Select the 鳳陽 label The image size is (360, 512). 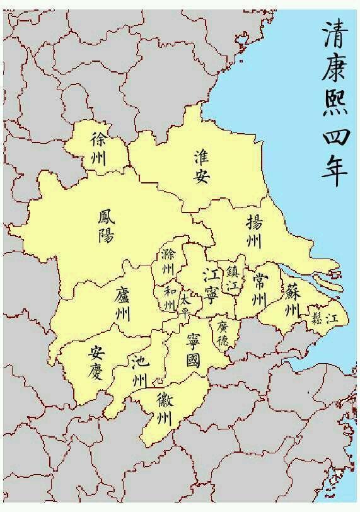pos(106,228)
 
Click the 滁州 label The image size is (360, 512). pos(168,261)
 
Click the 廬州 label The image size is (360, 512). pos(122,303)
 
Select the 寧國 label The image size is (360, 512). pos(194,351)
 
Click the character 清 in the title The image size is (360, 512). pos(334,37)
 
